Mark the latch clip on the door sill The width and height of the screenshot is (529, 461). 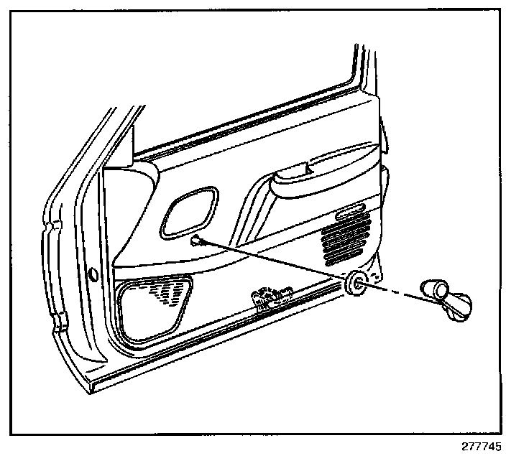(x=270, y=295)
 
